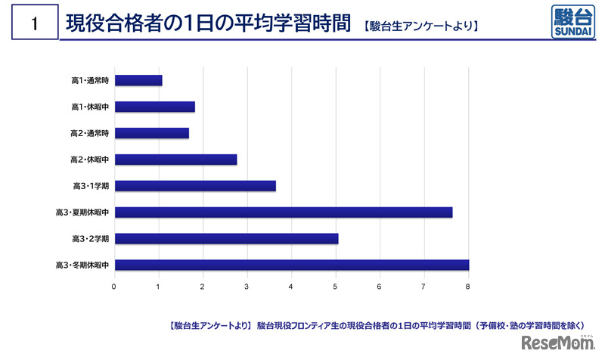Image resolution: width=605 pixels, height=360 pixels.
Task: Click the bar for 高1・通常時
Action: pyautogui.click(x=138, y=80)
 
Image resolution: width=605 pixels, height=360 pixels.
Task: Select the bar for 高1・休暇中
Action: pyautogui.click(x=155, y=107)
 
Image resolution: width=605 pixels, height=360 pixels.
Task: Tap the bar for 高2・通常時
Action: pyautogui.click(x=152, y=133)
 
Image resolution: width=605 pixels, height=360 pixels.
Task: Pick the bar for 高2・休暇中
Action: pyautogui.click(x=176, y=160)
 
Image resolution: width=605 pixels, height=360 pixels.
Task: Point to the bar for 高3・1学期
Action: pyautogui.click(x=195, y=186)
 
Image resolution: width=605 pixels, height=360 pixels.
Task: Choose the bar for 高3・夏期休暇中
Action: pyautogui.click(x=284, y=213)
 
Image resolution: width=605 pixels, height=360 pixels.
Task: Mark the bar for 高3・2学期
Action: pyautogui.click(x=227, y=239)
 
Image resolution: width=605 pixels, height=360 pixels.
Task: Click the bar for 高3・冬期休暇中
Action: pyautogui.click(x=292, y=265)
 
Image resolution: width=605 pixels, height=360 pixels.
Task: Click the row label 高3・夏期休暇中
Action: pyautogui.click(x=83, y=213)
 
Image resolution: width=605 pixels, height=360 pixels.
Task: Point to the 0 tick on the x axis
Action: pyautogui.click(x=114, y=286)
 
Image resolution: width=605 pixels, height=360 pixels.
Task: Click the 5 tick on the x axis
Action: pyautogui.click(x=336, y=286)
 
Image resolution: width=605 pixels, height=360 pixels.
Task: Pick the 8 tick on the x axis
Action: pyautogui.click(x=469, y=286)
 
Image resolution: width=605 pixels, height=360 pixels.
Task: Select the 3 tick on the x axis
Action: pyautogui.click(x=247, y=286)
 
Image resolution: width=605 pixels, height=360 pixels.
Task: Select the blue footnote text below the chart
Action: pyautogui.click(x=380, y=326)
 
